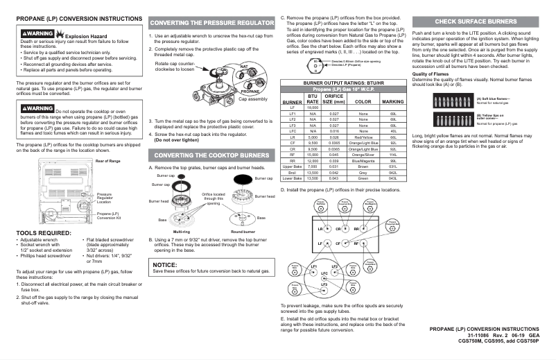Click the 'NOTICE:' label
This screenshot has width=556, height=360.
point(165,264)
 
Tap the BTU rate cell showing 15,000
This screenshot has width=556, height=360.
point(312,154)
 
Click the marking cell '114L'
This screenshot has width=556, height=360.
point(392,154)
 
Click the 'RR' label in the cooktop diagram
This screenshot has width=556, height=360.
point(356,228)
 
